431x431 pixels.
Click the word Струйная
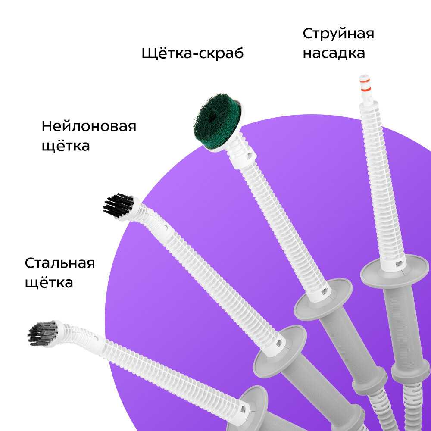[x=338, y=34]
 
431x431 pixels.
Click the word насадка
[x=334, y=53]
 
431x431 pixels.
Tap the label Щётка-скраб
[x=192, y=53]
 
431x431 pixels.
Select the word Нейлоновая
[x=89, y=126]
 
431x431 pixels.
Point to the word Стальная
[x=60, y=263]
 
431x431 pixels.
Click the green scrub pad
[x=217, y=117]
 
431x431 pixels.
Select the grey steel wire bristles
[x=43, y=334]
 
